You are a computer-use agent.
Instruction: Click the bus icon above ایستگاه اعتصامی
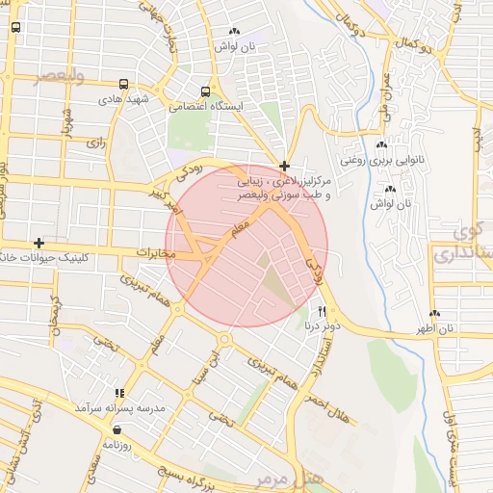[204, 92]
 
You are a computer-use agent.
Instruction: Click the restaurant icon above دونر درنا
[322, 312]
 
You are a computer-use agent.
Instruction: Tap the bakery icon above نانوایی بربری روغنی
[381, 145]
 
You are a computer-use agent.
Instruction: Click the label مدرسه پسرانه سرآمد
[121, 408]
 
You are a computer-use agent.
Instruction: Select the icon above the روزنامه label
[117, 430]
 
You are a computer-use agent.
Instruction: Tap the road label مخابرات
[155, 253]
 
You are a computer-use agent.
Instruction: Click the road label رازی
[95, 142]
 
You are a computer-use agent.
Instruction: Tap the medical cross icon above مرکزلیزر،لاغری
[284, 166]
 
